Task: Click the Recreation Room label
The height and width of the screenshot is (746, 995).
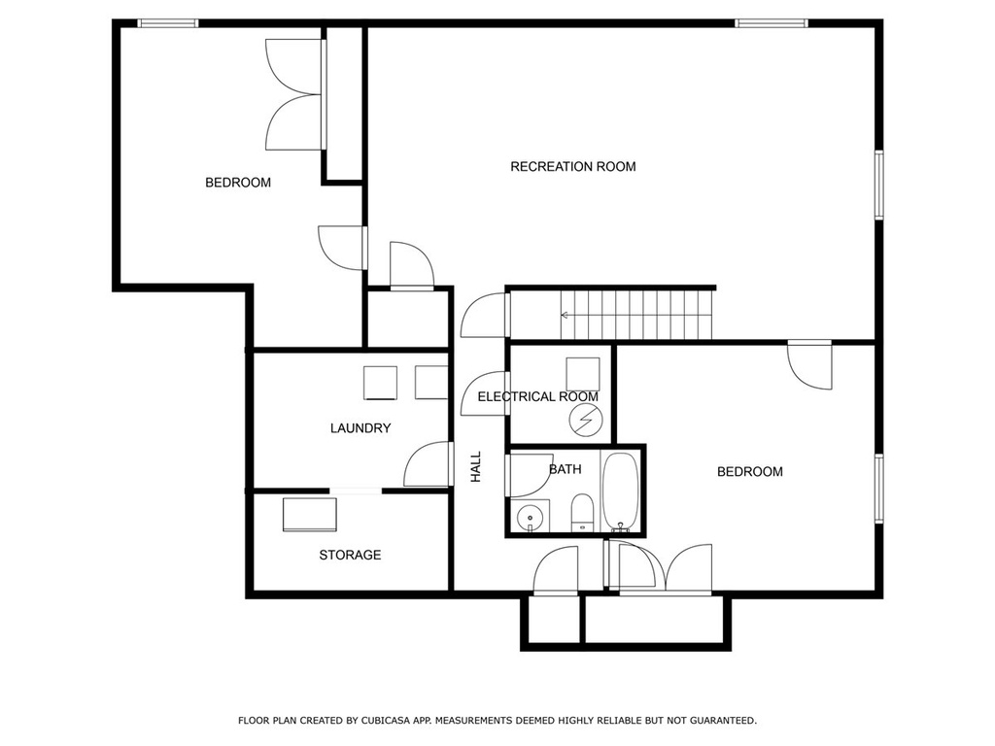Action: pyautogui.click(x=573, y=167)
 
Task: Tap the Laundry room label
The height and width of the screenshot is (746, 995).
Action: pyautogui.click(x=360, y=428)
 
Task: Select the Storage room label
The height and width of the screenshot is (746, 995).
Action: pyautogui.click(x=350, y=555)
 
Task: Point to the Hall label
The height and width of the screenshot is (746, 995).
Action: pyautogui.click(x=476, y=466)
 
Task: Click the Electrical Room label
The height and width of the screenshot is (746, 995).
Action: pyautogui.click(x=538, y=397)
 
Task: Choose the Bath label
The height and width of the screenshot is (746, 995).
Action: pyautogui.click(x=565, y=469)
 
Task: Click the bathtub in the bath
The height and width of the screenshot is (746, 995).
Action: pyautogui.click(x=620, y=491)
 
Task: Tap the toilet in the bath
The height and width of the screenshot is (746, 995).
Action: pyautogui.click(x=582, y=513)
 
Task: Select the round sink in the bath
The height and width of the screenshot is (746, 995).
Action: pyautogui.click(x=530, y=518)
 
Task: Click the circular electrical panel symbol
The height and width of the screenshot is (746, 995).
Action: pyautogui.click(x=584, y=420)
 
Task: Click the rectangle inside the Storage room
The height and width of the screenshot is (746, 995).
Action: pyautogui.click(x=310, y=515)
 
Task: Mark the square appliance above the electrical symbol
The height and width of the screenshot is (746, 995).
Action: pyautogui.click(x=583, y=374)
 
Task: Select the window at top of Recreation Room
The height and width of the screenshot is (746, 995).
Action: pyautogui.click(x=772, y=23)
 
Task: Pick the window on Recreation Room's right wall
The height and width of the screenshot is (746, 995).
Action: pyautogui.click(x=878, y=185)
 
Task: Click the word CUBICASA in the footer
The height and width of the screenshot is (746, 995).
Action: pyautogui.click(x=386, y=721)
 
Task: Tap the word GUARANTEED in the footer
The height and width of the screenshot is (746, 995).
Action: pyautogui.click(x=723, y=721)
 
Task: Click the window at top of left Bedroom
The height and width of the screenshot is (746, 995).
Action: pyautogui.click(x=168, y=23)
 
